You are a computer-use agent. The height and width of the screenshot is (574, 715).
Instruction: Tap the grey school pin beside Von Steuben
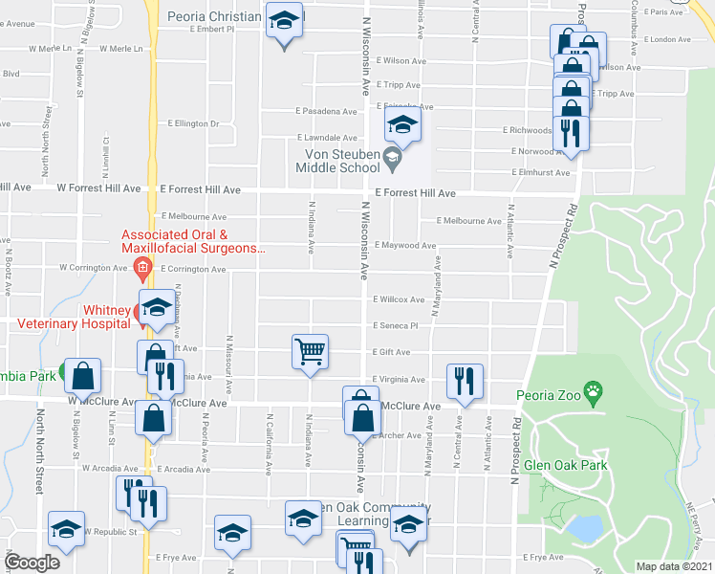(391, 157)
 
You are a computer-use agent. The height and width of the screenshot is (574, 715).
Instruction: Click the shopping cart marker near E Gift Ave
(310, 351)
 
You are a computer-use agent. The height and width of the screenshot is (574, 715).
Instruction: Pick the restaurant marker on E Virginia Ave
(464, 380)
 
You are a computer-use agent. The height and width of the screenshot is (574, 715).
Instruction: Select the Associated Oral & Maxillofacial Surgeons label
(192, 241)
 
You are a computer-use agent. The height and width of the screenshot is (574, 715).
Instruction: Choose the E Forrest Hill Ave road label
(415, 193)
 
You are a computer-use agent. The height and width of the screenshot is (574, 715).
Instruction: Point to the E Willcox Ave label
(399, 300)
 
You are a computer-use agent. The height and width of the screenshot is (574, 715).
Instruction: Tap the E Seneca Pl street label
(396, 326)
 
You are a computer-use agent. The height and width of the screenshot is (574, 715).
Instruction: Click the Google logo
(32, 563)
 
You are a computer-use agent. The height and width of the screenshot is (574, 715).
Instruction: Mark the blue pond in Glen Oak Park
(583, 527)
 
